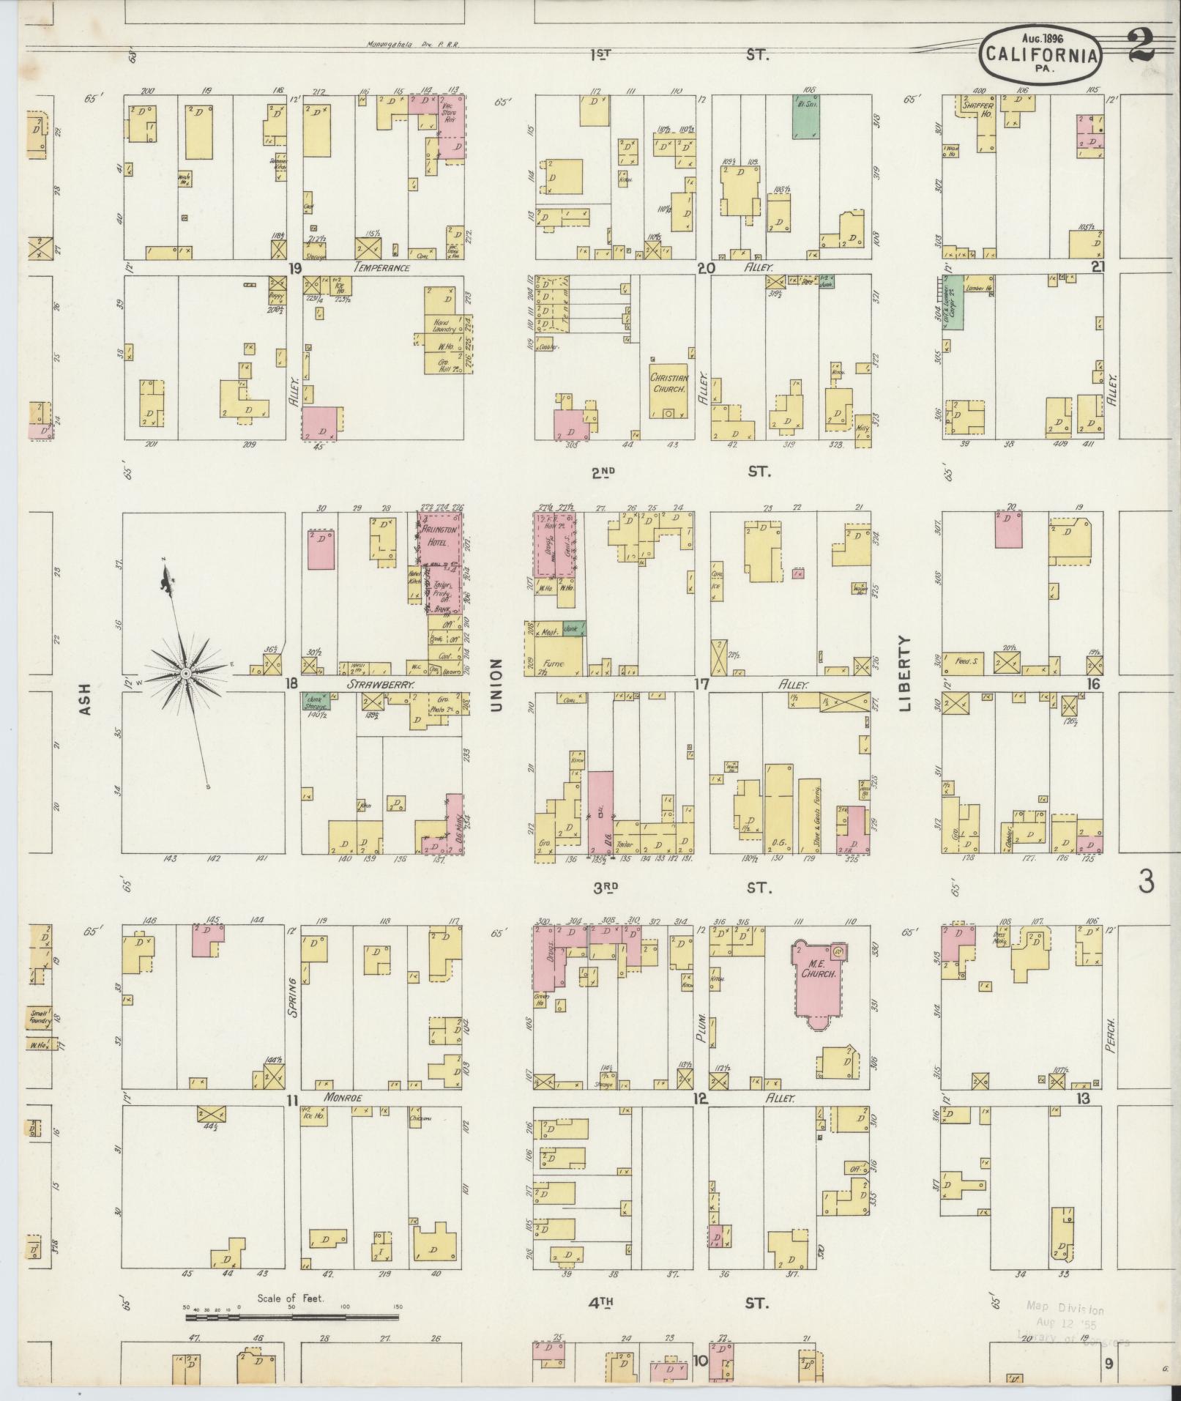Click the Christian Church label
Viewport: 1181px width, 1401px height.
pyautogui.click(x=668, y=384)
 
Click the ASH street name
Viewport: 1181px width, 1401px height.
pyautogui.click(x=86, y=699)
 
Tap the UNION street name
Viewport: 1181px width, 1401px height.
pyautogui.click(x=498, y=684)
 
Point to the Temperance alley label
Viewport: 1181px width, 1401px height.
pyautogui.click(x=381, y=268)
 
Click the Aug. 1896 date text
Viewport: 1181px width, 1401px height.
pyautogui.click(x=1042, y=37)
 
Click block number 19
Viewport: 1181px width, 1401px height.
pyautogui.click(x=295, y=268)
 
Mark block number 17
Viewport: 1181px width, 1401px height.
pyautogui.click(x=702, y=684)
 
